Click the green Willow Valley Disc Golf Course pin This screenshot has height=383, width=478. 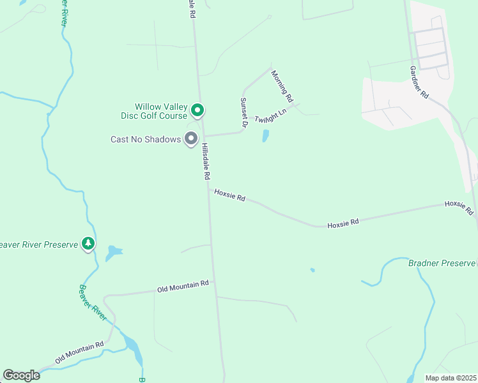click(198, 110)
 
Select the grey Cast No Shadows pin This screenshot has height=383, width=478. click(190, 138)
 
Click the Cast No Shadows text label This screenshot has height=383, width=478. click(146, 139)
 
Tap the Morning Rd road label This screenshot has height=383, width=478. click(282, 86)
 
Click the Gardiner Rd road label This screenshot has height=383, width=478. click(420, 82)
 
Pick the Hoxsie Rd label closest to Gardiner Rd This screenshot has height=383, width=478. click(459, 207)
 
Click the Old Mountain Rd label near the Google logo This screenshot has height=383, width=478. click(79, 353)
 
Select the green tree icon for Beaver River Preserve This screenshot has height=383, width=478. click(88, 243)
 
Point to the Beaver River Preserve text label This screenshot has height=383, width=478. click(38, 244)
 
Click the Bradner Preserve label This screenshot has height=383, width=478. click(442, 263)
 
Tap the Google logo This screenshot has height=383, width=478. click(21, 375)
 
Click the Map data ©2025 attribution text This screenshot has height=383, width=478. click(451, 377)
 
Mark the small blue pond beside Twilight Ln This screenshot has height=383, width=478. click(265, 135)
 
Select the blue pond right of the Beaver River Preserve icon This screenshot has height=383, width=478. click(114, 252)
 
